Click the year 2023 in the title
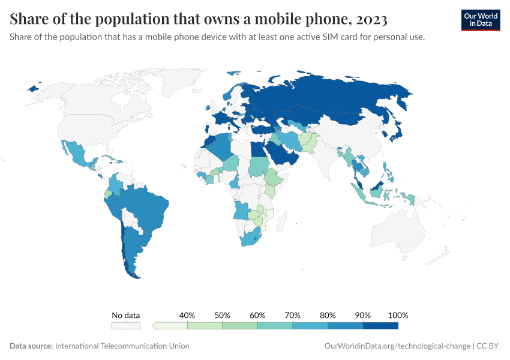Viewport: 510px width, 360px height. coord(371,19)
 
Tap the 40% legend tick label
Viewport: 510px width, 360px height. coord(187,315)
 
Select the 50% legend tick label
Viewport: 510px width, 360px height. coord(223,315)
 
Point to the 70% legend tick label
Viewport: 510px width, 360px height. coord(293,315)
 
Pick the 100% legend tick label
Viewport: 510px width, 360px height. coord(398,315)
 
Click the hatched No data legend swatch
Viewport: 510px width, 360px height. coord(126,326)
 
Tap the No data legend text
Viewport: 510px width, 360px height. coord(126,315)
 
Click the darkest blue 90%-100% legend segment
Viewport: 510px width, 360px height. coord(380,326)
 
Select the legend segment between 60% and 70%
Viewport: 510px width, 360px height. coord(275,326)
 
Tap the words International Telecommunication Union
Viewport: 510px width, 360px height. coord(122,346)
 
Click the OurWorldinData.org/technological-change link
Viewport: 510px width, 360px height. coord(397,346)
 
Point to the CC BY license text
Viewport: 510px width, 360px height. coord(488,346)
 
